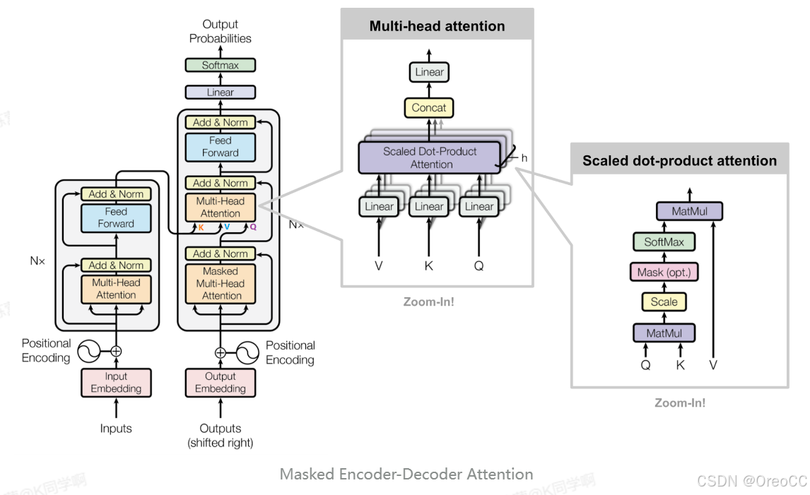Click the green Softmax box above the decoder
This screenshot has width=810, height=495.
[x=220, y=65]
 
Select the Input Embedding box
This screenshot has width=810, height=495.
[x=116, y=382]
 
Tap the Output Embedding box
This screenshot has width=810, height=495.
[x=220, y=382]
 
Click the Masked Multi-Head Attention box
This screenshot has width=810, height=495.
[x=220, y=283]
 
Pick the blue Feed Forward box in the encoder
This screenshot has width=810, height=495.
[x=116, y=217]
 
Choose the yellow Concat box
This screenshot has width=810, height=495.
[x=429, y=108]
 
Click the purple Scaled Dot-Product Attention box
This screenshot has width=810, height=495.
[x=430, y=157]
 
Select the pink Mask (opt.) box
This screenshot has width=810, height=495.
[x=664, y=272]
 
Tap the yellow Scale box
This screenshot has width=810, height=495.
[x=664, y=302]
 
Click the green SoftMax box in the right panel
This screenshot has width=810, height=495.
[x=664, y=242]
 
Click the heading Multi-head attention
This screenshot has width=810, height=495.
[x=437, y=26]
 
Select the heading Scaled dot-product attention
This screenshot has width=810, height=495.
[x=679, y=161]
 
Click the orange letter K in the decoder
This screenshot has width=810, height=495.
[x=201, y=227]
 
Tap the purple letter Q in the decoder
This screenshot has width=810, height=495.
[x=253, y=227]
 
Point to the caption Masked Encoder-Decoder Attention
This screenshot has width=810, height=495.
[x=406, y=474]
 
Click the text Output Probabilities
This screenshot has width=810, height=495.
[x=220, y=31]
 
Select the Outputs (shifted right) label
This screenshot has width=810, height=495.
[x=220, y=436]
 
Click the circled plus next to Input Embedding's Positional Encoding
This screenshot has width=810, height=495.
[x=116, y=351]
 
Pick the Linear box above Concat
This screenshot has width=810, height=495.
[x=429, y=72]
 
